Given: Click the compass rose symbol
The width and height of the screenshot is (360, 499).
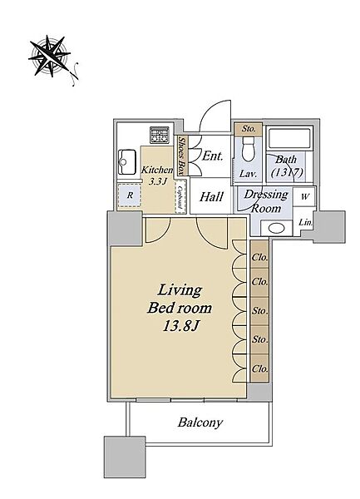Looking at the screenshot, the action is click(x=51, y=57).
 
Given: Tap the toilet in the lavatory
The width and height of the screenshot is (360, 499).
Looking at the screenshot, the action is click(x=248, y=150).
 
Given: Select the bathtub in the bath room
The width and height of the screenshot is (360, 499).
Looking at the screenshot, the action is click(x=289, y=138).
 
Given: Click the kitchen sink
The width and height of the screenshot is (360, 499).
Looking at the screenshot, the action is click(x=127, y=162).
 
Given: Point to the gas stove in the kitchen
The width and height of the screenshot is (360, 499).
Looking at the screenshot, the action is click(x=160, y=135).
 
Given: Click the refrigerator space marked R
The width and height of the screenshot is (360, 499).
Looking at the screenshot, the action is click(x=130, y=195).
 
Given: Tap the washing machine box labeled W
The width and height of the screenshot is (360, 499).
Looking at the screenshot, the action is click(x=304, y=196).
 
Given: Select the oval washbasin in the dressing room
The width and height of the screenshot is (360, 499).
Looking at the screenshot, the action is click(x=276, y=228).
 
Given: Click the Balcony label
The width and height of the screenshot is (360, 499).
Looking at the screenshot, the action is click(x=200, y=422).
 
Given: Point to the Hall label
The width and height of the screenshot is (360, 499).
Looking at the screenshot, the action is click(x=211, y=196).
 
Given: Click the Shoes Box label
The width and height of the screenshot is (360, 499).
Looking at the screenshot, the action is click(x=182, y=156).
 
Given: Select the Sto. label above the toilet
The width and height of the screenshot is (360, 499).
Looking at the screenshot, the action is click(x=249, y=129).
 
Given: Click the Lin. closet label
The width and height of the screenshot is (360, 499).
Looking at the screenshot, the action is click(x=306, y=222).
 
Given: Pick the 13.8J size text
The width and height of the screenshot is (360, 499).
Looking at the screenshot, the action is click(x=181, y=326).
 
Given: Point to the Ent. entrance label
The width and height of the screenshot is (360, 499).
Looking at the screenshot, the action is click(x=213, y=156).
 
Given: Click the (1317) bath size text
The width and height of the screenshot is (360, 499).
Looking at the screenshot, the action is click(x=287, y=172).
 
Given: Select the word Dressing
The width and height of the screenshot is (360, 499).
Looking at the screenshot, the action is click(x=266, y=195).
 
